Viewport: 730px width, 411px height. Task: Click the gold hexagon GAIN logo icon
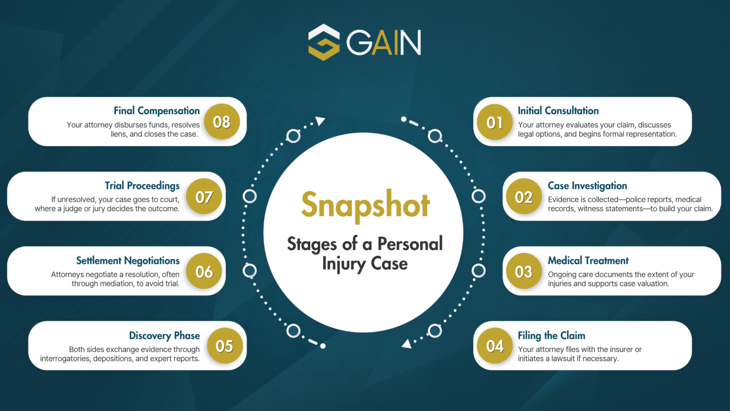[324, 42]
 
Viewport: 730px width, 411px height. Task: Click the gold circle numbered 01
[495, 122]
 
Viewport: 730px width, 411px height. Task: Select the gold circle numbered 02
[524, 196]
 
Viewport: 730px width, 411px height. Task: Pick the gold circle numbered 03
[524, 271]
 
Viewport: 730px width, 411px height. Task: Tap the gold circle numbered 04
[495, 346]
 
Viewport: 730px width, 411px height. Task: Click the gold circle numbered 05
[224, 346]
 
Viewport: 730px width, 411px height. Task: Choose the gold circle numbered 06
[204, 271]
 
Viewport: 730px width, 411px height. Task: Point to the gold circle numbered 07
[204, 196]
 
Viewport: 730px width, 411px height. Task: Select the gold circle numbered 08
[222, 122]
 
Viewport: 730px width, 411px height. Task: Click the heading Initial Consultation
[558, 111]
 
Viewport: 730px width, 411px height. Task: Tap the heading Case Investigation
[587, 186]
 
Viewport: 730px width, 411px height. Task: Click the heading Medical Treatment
[588, 260]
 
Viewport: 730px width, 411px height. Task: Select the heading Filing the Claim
[551, 335]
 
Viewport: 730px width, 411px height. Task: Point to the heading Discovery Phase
[164, 335]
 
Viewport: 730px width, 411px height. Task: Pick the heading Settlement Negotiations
[128, 261]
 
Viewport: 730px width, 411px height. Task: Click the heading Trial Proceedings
[142, 186]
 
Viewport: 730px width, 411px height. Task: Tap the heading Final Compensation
[156, 111]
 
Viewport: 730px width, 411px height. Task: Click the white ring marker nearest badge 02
[479, 196]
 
